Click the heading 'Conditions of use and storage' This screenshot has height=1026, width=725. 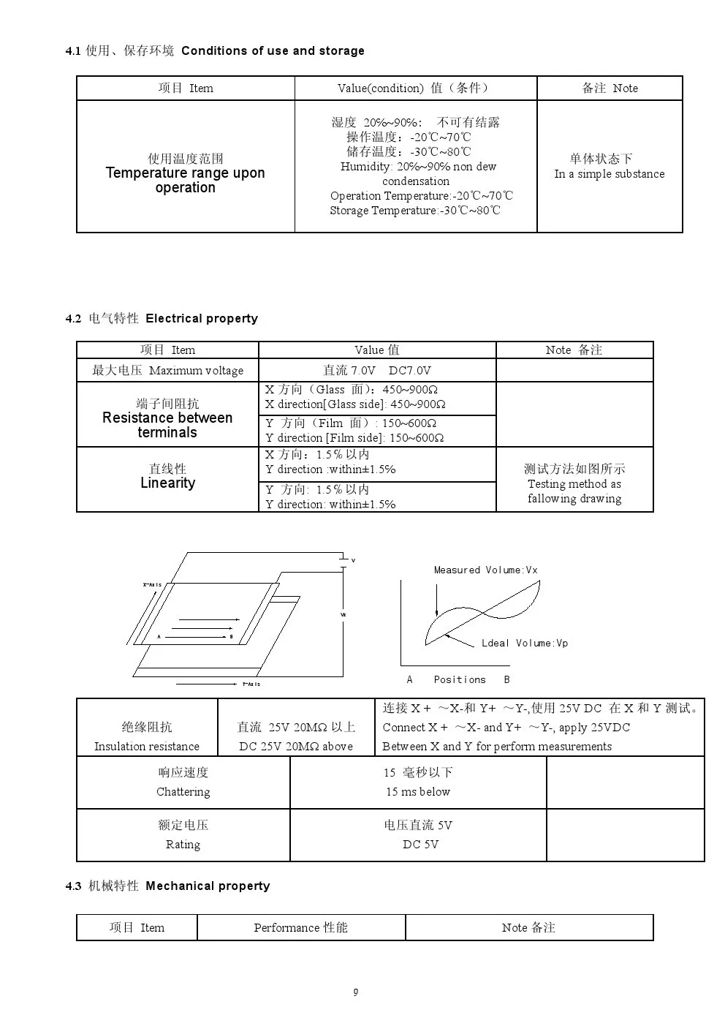pyautogui.click(x=273, y=50)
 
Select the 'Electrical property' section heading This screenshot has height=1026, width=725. pyautogui.click(x=202, y=318)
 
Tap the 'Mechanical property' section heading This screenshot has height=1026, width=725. pyautogui.click(x=208, y=886)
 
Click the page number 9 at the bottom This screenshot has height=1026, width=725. pyautogui.click(x=356, y=992)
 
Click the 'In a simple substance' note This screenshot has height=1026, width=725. pyautogui.click(x=610, y=174)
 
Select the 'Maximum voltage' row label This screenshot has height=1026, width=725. pyautogui.click(x=196, y=371)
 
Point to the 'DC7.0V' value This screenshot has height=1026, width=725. pyautogui.click(x=409, y=371)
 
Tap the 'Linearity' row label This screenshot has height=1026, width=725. pyautogui.click(x=167, y=483)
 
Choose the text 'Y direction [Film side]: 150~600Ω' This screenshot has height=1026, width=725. pyautogui.click(x=354, y=438)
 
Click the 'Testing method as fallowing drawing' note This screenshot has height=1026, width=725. pyautogui.click(x=574, y=491)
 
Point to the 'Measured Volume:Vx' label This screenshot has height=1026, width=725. pyautogui.click(x=485, y=570)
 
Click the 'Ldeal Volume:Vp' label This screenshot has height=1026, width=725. pyautogui.click(x=524, y=643)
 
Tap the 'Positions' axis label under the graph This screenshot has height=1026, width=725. pyautogui.click(x=459, y=679)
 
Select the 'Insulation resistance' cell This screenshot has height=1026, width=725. pyautogui.click(x=147, y=747)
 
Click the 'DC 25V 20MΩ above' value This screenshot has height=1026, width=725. pyautogui.click(x=296, y=747)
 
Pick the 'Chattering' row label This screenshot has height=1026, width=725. pyautogui.click(x=183, y=792)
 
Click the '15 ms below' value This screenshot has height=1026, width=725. pyautogui.click(x=418, y=792)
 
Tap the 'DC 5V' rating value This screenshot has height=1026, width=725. pyautogui.click(x=420, y=845)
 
